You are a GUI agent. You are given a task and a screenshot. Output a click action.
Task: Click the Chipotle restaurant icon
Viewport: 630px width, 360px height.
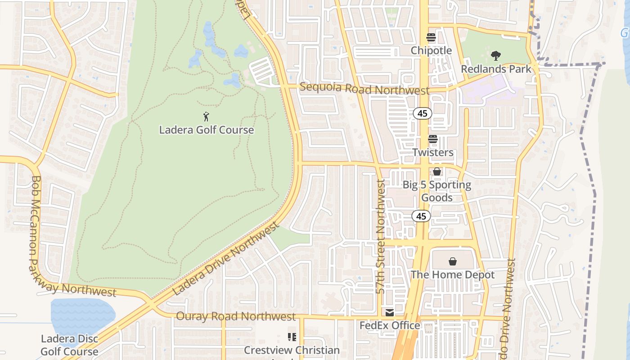pos(431,37)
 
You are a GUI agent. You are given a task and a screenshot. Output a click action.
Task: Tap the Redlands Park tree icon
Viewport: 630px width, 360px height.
pos(496,56)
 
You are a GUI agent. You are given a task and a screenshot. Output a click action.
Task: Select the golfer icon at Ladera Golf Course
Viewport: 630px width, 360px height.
pos(206,117)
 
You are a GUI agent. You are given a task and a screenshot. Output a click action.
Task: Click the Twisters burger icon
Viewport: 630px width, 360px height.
pos(433,139)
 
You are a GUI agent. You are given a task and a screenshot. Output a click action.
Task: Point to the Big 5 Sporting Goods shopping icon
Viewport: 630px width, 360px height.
pos(436,171)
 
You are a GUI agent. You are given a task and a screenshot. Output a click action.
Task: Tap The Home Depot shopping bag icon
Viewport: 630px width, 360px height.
pos(453,261)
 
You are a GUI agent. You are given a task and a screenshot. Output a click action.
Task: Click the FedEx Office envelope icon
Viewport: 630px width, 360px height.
pos(390,312)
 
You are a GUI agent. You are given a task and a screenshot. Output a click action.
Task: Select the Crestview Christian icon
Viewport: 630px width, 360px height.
pos(292,337)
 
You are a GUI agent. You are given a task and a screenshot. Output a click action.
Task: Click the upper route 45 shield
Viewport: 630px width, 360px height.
pos(423,113)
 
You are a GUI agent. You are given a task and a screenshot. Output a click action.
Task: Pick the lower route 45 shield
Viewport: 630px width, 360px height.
pos(421,216)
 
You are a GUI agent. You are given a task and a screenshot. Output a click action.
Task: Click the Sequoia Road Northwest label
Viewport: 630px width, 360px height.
pos(364,89)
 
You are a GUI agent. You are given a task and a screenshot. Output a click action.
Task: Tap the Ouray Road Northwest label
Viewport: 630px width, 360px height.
pos(236,316)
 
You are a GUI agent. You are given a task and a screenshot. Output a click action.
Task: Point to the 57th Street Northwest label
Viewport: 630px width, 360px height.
pos(381,236)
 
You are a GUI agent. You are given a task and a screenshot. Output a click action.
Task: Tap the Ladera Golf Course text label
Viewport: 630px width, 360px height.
pos(207,130)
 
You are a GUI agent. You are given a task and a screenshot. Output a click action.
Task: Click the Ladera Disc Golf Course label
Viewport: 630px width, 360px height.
pos(69,345)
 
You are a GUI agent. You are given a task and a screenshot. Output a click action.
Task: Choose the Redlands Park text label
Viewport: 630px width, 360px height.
pos(496,69)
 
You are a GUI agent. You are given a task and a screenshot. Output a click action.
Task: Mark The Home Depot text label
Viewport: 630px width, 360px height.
pos(453,274)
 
